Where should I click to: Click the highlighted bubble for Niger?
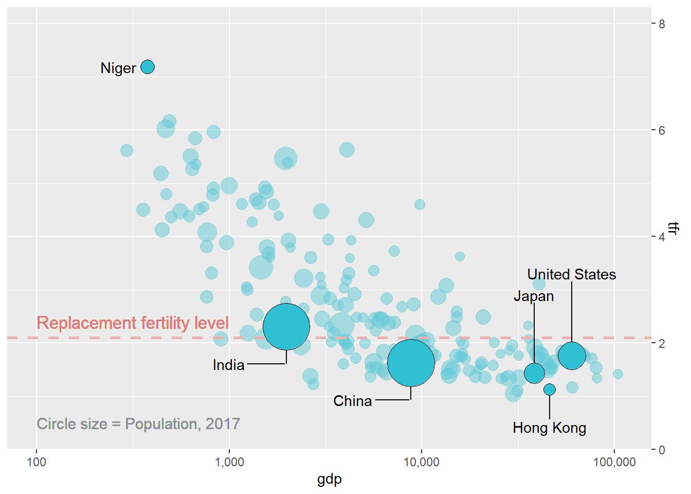coord(148,67)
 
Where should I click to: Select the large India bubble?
coord(286,327)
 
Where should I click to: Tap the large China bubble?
coord(411,363)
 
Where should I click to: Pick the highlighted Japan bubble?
coord(534,373)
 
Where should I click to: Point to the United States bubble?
coord(572,356)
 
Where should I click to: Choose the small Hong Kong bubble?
coord(550,390)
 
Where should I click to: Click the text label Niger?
coord(118,68)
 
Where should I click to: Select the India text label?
coord(228,365)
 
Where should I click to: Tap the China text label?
coord(352,401)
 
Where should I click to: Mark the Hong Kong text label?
coord(549,428)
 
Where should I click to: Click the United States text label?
coord(572,274)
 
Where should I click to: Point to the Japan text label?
coord(534,296)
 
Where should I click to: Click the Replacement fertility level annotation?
coord(133,323)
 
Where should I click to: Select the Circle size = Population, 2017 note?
coord(138,424)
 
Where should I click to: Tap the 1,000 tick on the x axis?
coord(229,462)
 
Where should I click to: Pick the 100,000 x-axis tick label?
coord(614,462)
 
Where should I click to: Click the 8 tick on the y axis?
coord(662,24)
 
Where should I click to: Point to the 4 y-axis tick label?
coord(662,237)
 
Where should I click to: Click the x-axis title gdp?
coord(330,480)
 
